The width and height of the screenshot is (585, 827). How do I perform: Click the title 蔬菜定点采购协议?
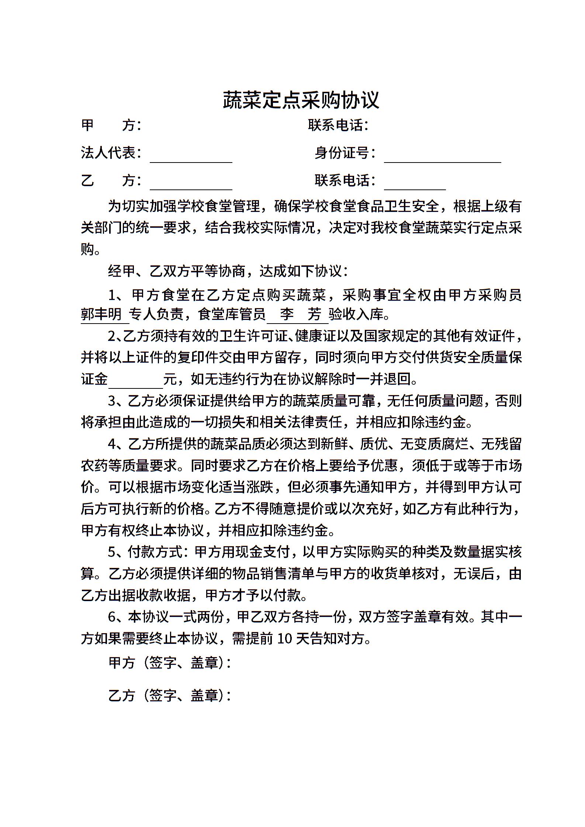click(x=301, y=100)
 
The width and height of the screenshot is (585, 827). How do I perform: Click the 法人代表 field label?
click(x=111, y=153)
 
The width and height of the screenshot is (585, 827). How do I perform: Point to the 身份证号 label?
click(x=345, y=153)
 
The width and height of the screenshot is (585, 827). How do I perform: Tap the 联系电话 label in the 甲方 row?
click(x=338, y=125)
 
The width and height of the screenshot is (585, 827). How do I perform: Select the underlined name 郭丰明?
click(x=101, y=314)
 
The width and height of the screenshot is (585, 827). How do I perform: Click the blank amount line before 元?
click(x=135, y=383)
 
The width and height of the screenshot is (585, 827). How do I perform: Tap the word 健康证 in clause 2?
click(x=315, y=336)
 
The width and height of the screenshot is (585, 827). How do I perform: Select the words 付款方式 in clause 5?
click(x=155, y=552)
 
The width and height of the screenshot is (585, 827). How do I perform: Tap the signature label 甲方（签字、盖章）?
click(x=169, y=663)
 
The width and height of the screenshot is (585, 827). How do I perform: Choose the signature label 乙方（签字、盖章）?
click(x=169, y=695)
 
